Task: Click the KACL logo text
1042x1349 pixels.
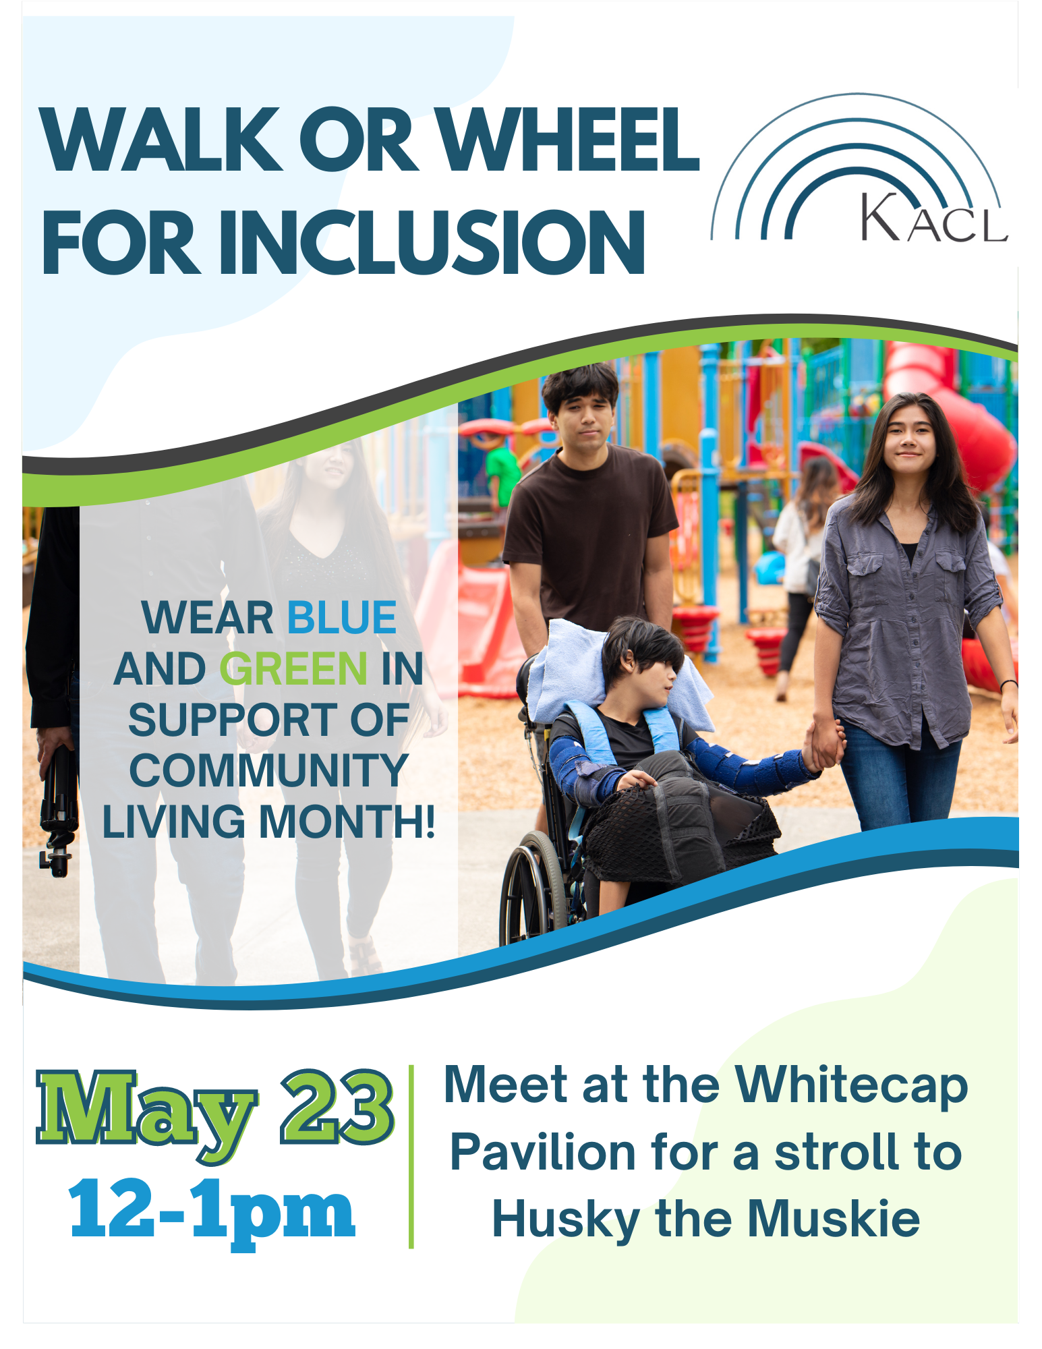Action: pyautogui.click(x=933, y=218)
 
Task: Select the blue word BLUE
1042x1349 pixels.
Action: pyautogui.click(x=342, y=617)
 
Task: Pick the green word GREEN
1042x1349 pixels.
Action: pyautogui.click(x=293, y=668)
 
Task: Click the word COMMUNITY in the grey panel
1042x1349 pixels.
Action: pyautogui.click(x=268, y=770)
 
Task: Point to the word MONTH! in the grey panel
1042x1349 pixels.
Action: pyautogui.click(x=347, y=822)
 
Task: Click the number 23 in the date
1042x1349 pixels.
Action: pyautogui.click(x=337, y=1107)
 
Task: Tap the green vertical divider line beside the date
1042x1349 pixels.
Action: pyautogui.click(x=411, y=1157)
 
